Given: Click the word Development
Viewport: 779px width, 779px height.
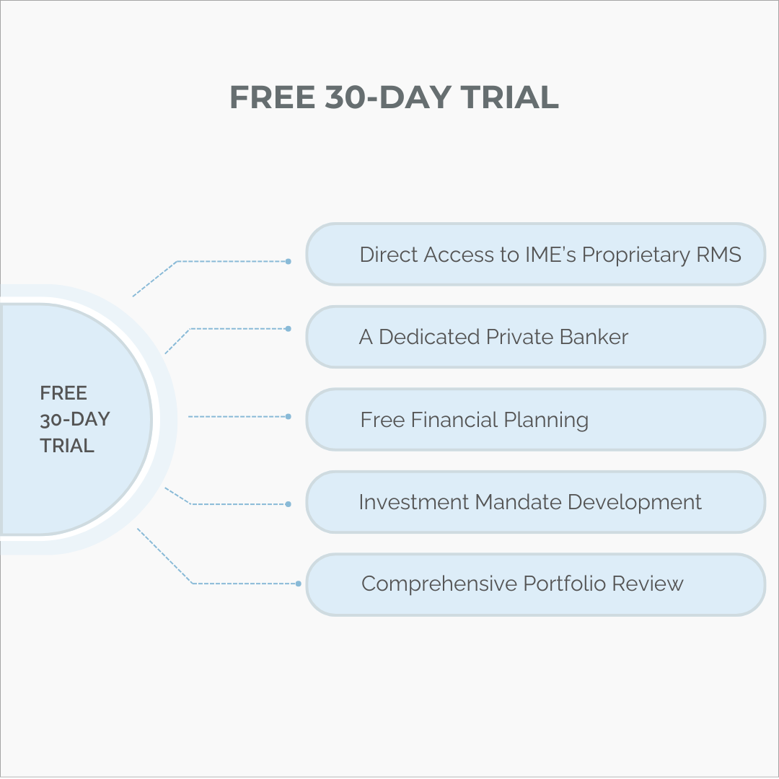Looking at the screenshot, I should [x=635, y=502].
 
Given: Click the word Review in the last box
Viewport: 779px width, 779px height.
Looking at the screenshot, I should [x=648, y=584].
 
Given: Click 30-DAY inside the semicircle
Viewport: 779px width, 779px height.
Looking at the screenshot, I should [x=75, y=419].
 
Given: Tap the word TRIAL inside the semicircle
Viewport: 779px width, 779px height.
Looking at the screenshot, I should [x=67, y=446].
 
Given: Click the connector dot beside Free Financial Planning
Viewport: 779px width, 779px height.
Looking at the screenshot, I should [x=289, y=417].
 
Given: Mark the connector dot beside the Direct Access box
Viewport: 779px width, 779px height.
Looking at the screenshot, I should [x=289, y=261].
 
